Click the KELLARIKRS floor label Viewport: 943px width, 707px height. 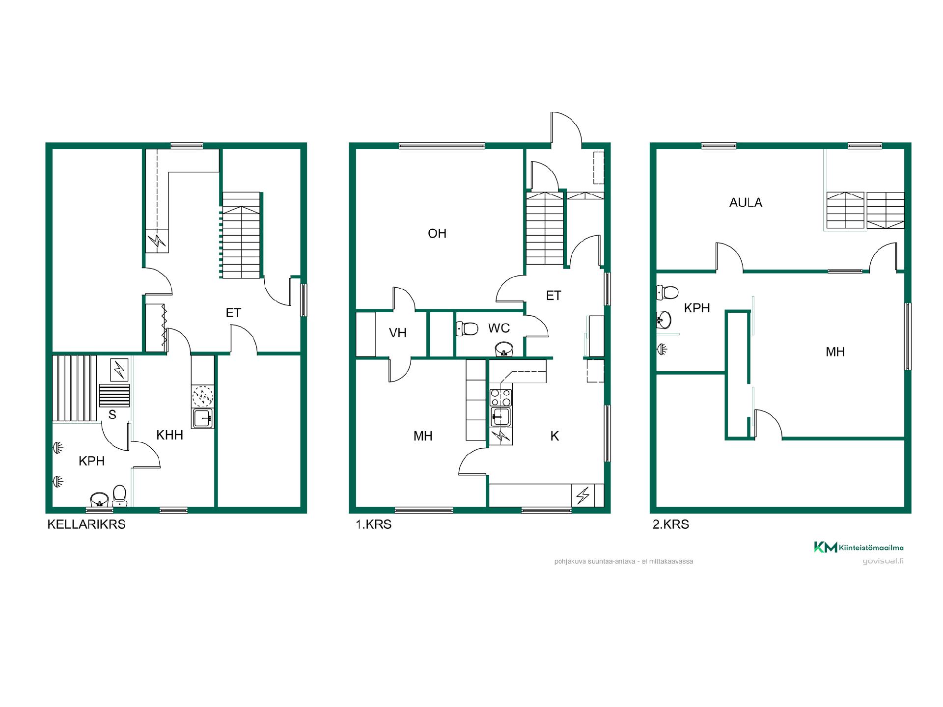(86, 524)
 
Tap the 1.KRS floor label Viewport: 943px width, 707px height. (374, 524)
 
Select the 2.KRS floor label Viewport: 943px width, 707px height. (671, 524)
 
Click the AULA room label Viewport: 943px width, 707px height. (746, 202)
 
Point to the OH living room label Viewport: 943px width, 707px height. (437, 233)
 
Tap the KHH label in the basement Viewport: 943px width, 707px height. (169, 435)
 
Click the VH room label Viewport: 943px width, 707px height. (398, 333)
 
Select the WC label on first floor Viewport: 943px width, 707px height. (499, 328)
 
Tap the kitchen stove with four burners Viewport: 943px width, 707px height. (501, 397)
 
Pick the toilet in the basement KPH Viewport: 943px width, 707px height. (119, 496)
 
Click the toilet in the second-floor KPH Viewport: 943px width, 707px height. (667, 293)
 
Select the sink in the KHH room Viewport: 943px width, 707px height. (202, 418)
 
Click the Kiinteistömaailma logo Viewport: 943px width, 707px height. (859, 547)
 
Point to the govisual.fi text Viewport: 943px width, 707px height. (883, 561)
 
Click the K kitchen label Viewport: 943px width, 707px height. (555, 436)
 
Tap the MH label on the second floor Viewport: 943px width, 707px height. (835, 352)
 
